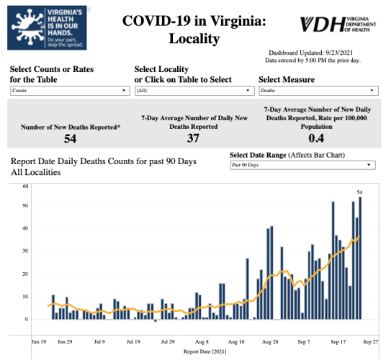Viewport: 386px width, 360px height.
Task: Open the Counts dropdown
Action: [x=68, y=91]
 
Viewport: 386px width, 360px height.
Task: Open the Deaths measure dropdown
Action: [x=317, y=91]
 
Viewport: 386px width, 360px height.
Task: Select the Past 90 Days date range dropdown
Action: [x=302, y=165]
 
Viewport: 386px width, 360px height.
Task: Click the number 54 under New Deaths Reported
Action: [x=70, y=138]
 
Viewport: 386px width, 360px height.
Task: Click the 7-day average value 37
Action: [x=192, y=138]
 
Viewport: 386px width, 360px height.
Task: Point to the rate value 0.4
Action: [x=316, y=138]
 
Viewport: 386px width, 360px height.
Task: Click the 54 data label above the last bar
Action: [x=360, y=192]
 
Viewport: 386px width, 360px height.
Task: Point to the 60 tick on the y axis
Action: [x=24, y=186]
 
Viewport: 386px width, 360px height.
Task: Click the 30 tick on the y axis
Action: [x=24, y=252]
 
